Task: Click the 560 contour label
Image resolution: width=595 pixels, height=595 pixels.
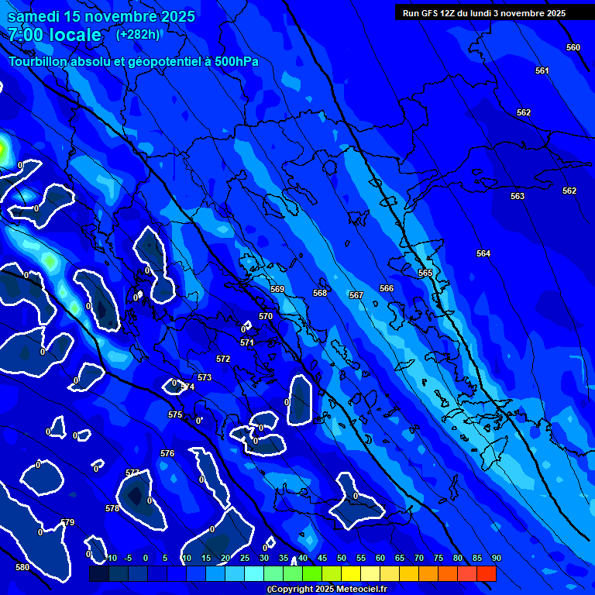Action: click(573, 48)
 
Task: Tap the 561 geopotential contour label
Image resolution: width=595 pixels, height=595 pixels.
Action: click(542, 71)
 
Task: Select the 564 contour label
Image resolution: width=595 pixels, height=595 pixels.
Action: click(483, 254)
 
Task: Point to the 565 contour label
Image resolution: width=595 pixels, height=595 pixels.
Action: click(425, 273)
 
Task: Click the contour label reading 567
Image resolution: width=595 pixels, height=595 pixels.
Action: click(356, 296)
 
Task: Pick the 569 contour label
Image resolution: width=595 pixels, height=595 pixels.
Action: click(277, 290)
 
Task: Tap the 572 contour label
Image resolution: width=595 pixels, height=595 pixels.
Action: click(223, 359)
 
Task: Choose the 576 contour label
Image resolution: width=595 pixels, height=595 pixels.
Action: click(167, 453)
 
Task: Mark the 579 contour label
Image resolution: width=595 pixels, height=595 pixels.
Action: click(67, 523)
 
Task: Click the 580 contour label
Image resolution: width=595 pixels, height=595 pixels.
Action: click(22, 567)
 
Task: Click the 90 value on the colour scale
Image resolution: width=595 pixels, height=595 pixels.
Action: click(496, 559)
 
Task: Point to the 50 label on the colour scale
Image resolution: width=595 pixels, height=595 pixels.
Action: click(342, 559)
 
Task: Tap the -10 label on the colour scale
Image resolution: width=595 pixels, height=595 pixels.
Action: click(111, 559)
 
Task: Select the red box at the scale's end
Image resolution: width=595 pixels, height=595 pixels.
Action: click(487, 573)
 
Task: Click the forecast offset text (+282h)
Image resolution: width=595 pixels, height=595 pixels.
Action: click(138, 35)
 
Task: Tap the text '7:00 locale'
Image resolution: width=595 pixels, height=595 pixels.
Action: click(54, 35)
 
